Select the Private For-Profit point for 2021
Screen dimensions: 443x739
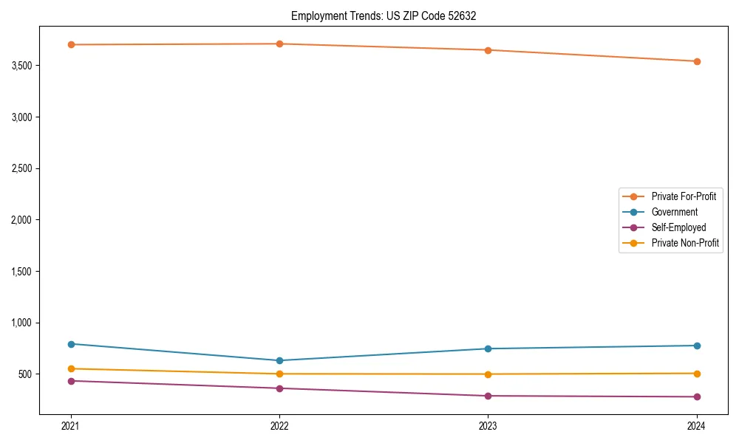tap(71, 44)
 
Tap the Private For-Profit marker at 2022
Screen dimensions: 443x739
tap(279, 44)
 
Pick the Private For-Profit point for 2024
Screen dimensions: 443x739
tap(697, 61)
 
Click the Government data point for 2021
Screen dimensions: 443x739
tap(71, 344)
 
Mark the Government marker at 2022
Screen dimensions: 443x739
tap(279, 360)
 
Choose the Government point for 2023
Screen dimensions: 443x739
tap(488, 348)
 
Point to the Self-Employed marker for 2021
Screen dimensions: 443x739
tap(71, 381)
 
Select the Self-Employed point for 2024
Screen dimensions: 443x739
tap(697, 396)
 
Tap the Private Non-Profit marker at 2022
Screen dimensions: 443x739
tap(279, 374)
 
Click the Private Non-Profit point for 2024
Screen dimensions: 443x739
tap(697, 374)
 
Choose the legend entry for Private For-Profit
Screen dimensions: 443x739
tap(684, 196)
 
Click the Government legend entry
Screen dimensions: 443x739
tap(674, 212)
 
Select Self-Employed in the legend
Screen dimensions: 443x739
tap(678, 227)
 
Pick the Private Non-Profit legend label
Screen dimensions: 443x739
tap(685, 243)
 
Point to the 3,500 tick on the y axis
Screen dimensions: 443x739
tap(22, 66)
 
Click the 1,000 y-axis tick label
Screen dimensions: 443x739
tap(22, 323)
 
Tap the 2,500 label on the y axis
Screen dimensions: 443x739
tap(22, 168)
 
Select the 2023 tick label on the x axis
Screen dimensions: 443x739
tap(488, 425)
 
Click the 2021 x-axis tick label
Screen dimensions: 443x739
tap(71, 425)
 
